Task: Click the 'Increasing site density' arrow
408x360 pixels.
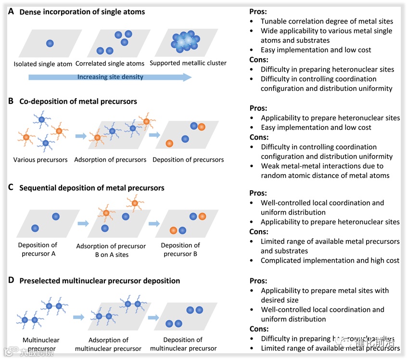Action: coord(110,77)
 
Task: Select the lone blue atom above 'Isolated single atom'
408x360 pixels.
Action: coord(50,43)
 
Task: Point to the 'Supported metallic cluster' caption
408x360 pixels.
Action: coord(188,63)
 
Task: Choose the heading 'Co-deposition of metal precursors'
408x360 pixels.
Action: coord(78,101)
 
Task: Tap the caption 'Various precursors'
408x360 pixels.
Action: coord(40,159)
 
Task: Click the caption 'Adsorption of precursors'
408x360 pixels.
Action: coord(111,159)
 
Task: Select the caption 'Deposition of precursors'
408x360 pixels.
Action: coord(188,159)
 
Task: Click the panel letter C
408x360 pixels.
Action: coord(11,188)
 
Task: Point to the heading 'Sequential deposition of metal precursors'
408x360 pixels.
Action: coord(91,188)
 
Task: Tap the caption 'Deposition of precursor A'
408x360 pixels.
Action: coord(38,249)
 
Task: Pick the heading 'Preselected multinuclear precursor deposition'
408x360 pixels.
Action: coord(100,281)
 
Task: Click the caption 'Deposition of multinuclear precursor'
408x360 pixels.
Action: coord(183,344)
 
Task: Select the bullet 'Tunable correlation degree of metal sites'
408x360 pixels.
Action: coord(327,21)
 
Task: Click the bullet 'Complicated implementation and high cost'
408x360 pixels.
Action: coord(330,260)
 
